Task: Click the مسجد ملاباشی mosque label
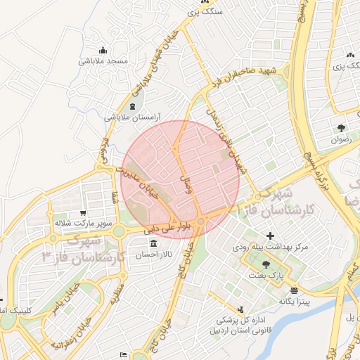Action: click(x=103, y=61)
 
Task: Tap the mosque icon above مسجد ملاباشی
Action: click(x=103, y=50)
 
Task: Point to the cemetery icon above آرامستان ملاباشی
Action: click(x=134, y=106)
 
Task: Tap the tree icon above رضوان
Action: click(x=341, y=128)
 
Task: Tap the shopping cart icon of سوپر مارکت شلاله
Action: click(x=84, y=212)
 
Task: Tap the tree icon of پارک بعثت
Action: click(x=266, y=264)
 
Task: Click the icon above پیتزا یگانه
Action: click(x=294, y=290)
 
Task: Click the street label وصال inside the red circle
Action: click(x=186, y=182)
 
